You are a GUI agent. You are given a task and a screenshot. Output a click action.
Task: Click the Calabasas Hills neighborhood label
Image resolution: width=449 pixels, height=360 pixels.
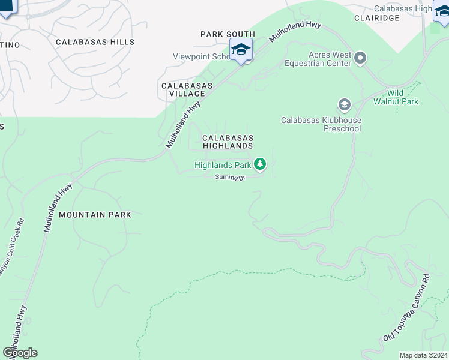pyautogui.click(x=95, y=42)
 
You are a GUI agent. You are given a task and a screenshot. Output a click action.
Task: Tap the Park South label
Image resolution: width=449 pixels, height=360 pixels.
pyautogui.click(x=228, y=34)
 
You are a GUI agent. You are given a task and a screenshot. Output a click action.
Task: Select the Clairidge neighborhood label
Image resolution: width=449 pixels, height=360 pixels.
pyautogui.click(x=376, y=18)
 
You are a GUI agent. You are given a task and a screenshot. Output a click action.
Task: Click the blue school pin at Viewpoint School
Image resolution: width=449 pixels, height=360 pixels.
pyautogui.click(x=241, y=50)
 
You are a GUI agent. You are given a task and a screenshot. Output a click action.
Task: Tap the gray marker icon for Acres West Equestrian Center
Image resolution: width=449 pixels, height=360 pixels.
pyautogui.click(x=360, y=58)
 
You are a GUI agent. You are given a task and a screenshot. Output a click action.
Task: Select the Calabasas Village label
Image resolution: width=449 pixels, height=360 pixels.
pyautogui.click(x=187, y=90)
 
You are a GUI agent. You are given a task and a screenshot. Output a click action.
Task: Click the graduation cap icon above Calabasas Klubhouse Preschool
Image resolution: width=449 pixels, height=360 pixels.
pyautogui.click(x=344, y=106)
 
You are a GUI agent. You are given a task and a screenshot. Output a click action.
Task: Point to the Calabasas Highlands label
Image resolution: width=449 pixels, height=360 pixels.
pyautogui.click(x=228, y=142)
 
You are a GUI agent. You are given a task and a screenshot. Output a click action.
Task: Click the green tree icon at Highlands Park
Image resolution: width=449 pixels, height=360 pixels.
pyautogui.click(x=260, y=164)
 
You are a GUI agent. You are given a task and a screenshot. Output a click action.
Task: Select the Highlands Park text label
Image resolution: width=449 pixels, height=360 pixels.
pyautogui.click(x=222, y=164)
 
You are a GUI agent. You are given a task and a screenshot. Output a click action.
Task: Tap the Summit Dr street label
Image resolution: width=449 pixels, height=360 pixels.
pyautogui.click(x=231, y=177)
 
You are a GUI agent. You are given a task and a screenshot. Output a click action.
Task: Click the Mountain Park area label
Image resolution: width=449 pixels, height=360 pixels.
pyautogui.click(x=95, y=214)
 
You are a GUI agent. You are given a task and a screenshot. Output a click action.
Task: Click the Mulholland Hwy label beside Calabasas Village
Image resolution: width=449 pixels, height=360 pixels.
pyautogui.click(x=183, y=124)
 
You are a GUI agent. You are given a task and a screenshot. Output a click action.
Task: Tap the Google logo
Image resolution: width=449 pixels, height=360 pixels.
pyautogui.click(x=20, y=353)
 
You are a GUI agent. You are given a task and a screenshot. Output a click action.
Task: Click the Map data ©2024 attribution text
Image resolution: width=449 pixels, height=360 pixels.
pyautogui.click(x=423, y=355)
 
